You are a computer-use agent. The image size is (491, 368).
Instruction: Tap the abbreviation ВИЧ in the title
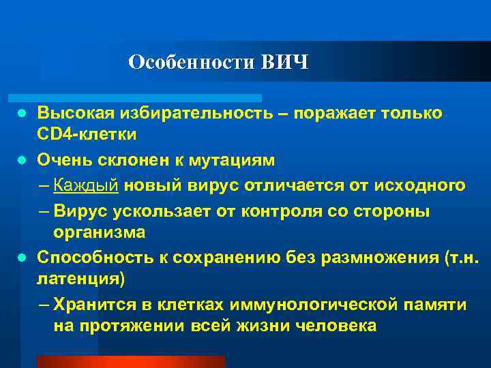click(x=284, y=63)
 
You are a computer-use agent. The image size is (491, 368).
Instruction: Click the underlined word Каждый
click(x=87, y=185)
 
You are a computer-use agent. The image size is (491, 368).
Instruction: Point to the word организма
click(x=100, y=232)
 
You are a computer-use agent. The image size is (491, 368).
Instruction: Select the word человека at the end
click(x=337, y=326)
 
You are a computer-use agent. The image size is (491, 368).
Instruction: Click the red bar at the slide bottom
click(x=130, y=362)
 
